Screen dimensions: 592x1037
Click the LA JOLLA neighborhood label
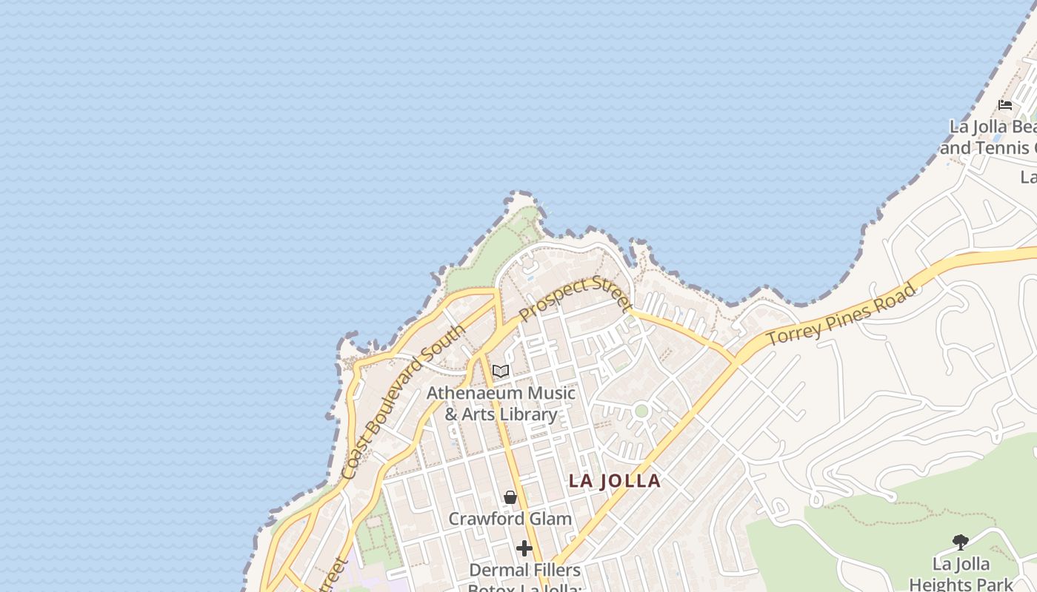pyautogui.click(x=614, y=481)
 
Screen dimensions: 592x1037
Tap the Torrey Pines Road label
pyautogui.click(x=841, y=314)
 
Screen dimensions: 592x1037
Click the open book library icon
pyautogui.click(x=501, y=371)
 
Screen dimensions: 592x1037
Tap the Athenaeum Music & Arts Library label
pyautogui.click(x=501, y=403)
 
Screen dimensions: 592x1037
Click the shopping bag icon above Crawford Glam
pyautogui.click(x=510, y=497)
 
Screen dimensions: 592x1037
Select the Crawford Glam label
pyautogui.click(x=510, y=519)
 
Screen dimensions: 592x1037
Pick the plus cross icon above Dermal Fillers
pyautogui.click(x=524, y=548)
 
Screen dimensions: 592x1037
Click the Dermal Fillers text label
pyautogui.click(x=525, y=571)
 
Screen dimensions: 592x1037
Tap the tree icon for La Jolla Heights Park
pyautogui.click(x=961, y=542)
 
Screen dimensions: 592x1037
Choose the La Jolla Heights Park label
pyautogui.click(x=961, y=574)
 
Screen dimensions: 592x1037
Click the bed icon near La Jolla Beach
pyautogui.click(x=1005, y=104)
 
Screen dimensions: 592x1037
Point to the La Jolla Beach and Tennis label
pyautogui.click(x=993, y=138)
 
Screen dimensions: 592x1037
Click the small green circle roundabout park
pyautogui.click(x=641, y=411)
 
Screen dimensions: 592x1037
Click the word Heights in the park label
pyautogui.click(x=961, y=584)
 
